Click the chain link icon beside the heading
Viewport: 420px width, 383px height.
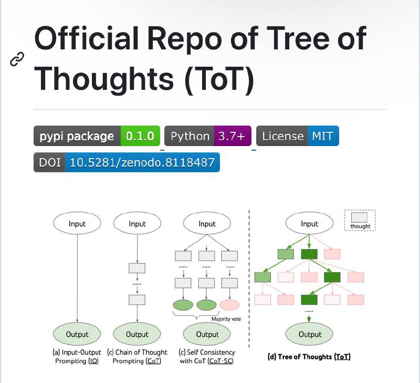pyautogui.click(x=17, y=59)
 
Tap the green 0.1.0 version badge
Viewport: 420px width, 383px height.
pyautogui.click(x=140, y=136)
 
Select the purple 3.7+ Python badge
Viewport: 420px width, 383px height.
pyautogui.click(x=233, y=136)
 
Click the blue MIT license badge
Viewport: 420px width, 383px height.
pyautogui.click(x=323, y=136)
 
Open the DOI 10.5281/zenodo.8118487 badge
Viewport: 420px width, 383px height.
pyautogui.click(x=127, y=162)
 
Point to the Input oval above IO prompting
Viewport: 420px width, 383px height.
pyautogui.click(x=77, y=223)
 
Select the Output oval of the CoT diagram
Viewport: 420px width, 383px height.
pyautogui.click(x=137, y=334)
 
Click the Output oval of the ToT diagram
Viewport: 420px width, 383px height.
pyautogui.click(x=309, y=334)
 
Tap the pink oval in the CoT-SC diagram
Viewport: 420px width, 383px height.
pyautogui.click(x=229, y=305)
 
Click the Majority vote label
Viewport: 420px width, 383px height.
pyautogui.click(x=226, y=319)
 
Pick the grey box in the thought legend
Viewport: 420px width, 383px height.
pyautogui.click(x=359, y=217)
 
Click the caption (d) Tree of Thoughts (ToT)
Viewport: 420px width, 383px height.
pyautogui.click(x=309, y=357)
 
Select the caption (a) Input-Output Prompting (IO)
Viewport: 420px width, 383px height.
pyautogui.click(x=77, y=356)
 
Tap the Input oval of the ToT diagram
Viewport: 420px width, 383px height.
pyautogui.click(x=309, y=223)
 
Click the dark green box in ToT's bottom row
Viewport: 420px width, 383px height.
pyautogui.click(x=309, y=299)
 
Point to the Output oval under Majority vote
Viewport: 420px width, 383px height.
pyautogui.click(x=207, y=334)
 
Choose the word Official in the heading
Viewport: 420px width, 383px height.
pyautogui.click(x=86, y=38)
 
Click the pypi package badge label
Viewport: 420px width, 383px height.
pyautogui.click(x=77, y=136)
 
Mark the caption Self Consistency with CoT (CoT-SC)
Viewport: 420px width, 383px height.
pyautogui.click(x=207, y=356)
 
